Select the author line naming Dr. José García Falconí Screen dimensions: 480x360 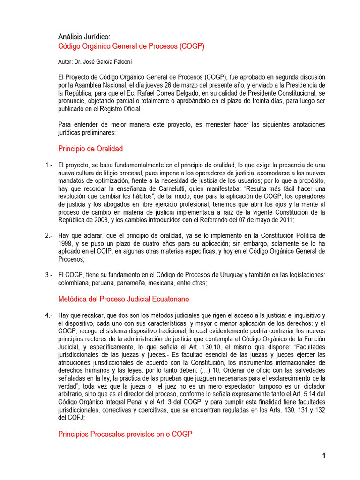98,61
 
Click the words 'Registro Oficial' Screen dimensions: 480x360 119,109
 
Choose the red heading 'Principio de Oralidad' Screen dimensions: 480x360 90,149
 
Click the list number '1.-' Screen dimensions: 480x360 49,165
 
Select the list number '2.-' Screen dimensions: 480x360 49,235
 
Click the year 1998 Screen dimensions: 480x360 66,243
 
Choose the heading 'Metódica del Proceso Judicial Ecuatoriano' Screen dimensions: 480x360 124,299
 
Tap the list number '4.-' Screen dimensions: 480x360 49,315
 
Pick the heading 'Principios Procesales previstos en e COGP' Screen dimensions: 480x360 125,434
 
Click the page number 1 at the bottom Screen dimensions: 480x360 323,456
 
